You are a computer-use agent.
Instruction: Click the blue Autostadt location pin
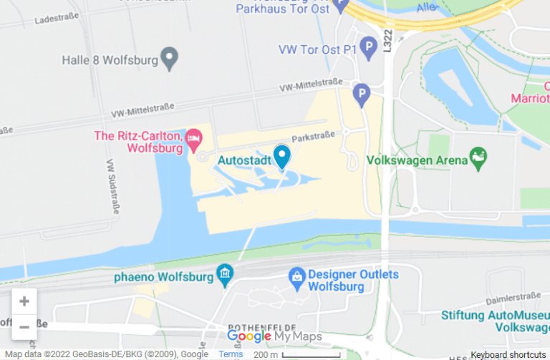point(282,155)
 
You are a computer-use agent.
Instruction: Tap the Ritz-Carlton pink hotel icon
point(193,137)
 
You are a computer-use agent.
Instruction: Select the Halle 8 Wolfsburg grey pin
point(170,58)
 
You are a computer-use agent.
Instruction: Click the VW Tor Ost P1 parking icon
point(368,49)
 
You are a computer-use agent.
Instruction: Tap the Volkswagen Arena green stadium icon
point(478,157)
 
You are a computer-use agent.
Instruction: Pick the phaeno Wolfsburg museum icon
point(226,274)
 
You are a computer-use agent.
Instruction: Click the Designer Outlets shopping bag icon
point(296,276)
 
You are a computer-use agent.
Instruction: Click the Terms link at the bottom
point(231,354)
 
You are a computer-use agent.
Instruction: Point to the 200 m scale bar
point(310,354)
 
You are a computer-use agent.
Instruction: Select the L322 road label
point(387,41)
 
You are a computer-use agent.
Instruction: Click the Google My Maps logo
point(274,336)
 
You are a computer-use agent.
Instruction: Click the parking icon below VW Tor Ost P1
point(362,93)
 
